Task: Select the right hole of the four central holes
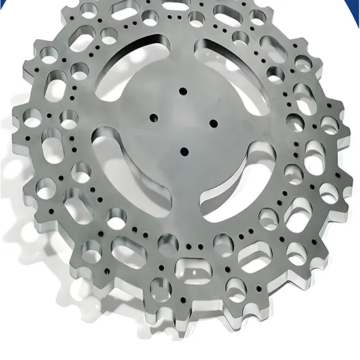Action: [x=213, y=121]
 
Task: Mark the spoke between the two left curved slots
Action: [x=108, y=115]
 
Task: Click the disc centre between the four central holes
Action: [x=184, y=120]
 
